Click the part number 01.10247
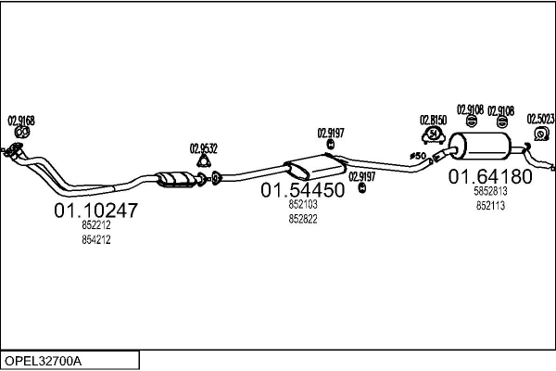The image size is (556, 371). point(95,211)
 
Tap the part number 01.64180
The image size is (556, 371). point(490,176)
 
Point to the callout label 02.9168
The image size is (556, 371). point(21,120)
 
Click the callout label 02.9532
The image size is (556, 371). point(204,147)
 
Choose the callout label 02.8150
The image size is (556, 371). point(433,120)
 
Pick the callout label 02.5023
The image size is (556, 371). point(540,119)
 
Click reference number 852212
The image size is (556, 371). point(95,225)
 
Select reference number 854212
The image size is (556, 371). point(95,239)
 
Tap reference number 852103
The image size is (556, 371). point(302,204)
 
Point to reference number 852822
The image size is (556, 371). point(302,218)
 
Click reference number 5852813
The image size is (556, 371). point(490,192)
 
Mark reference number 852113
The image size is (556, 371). point(490,206)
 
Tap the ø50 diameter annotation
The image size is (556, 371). point(417,156)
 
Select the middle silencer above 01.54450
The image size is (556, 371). point(315,167)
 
